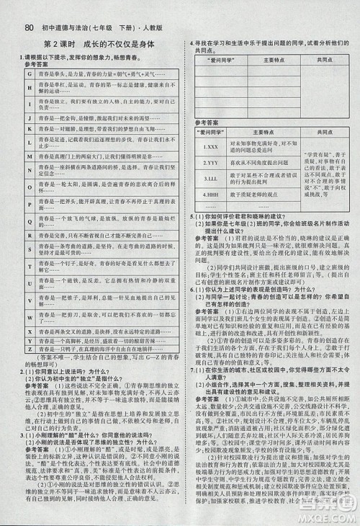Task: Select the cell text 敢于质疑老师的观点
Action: [257, 196]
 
